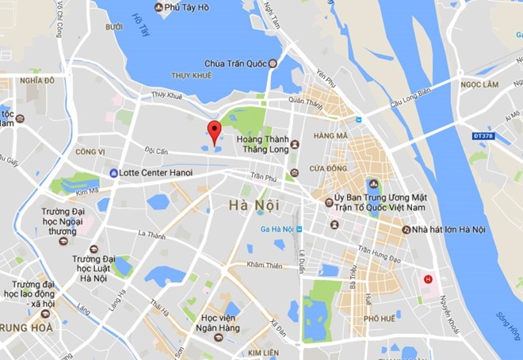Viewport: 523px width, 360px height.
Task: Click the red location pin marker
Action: tap(213, 131)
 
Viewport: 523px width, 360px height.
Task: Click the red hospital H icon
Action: tap(429, 279)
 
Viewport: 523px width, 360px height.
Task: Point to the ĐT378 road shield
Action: tap(483, 136)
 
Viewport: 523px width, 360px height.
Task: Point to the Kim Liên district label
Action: tap(263, 351)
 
